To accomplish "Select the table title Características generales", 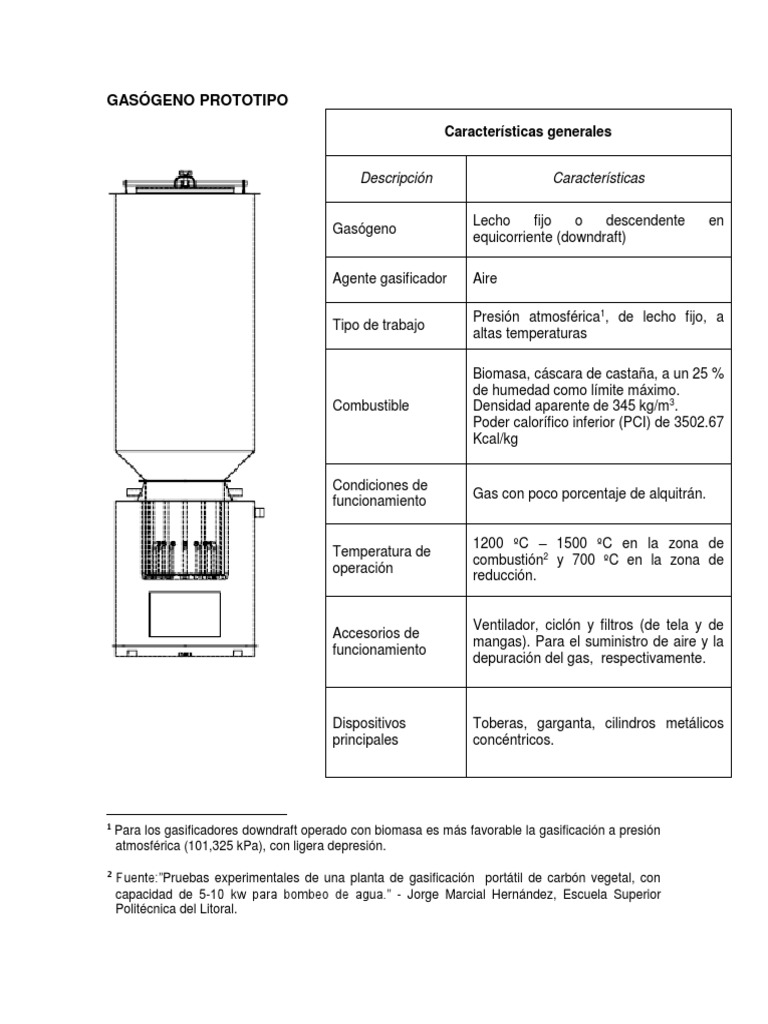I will point(528,132).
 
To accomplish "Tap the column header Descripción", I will point(396,178).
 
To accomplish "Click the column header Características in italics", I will point(598,178).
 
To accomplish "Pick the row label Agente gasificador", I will point(389,278).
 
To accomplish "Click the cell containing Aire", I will point(484,278).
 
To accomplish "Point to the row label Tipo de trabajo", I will point(378,326).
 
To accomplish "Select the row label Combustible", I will point(370,405).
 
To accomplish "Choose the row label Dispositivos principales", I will point(369,731).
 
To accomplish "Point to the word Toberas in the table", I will point(498,723).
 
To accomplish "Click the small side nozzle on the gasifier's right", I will point(260,513).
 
